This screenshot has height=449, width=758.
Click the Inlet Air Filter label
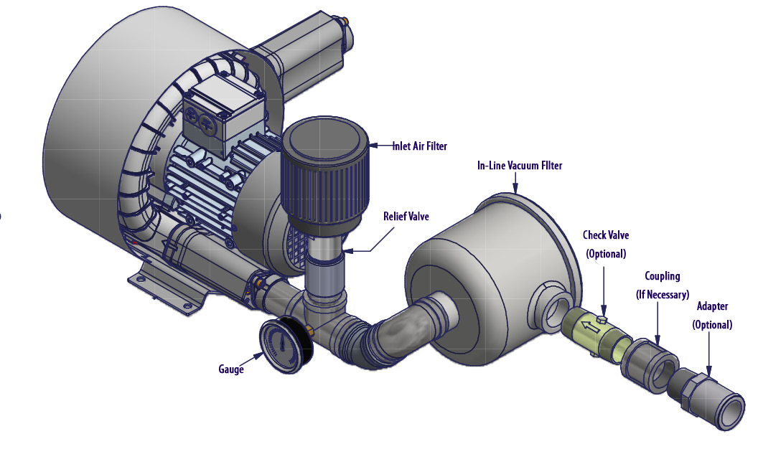(x=419, y=146)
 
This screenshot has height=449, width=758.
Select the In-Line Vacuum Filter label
(x=520, y=166)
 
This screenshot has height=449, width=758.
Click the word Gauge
(x=231, y=369)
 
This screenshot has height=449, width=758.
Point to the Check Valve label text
(x=606, y=235)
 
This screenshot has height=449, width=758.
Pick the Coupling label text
(x=662, y=276)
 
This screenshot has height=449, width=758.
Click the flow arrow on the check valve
(x=589, y=329)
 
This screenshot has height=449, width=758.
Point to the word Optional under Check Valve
(x=606, y=254)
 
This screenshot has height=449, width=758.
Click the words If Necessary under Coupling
(x=662, y=295)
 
